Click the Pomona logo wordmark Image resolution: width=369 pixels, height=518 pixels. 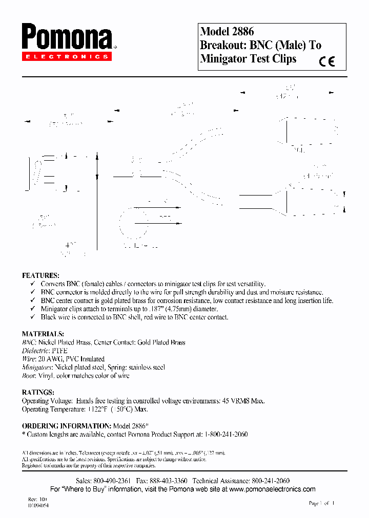67,38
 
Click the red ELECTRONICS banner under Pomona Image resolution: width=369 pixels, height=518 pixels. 66,57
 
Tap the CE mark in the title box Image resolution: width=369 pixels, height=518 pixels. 326,62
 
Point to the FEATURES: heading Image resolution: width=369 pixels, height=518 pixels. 40,275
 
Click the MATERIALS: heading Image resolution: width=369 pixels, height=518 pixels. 43,334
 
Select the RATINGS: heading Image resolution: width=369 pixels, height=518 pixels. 38,393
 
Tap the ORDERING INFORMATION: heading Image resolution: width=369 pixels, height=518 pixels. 66,426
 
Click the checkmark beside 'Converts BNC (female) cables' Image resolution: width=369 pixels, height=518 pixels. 32,284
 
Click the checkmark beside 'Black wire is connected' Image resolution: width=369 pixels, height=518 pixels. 32,317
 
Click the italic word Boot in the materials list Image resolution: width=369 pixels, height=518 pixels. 29,376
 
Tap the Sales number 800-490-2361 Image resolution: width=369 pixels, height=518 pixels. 111,481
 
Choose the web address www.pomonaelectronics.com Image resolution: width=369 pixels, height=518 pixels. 273,489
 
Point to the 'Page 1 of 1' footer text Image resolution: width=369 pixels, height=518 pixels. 322,503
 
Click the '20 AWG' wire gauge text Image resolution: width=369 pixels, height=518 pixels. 52,359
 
